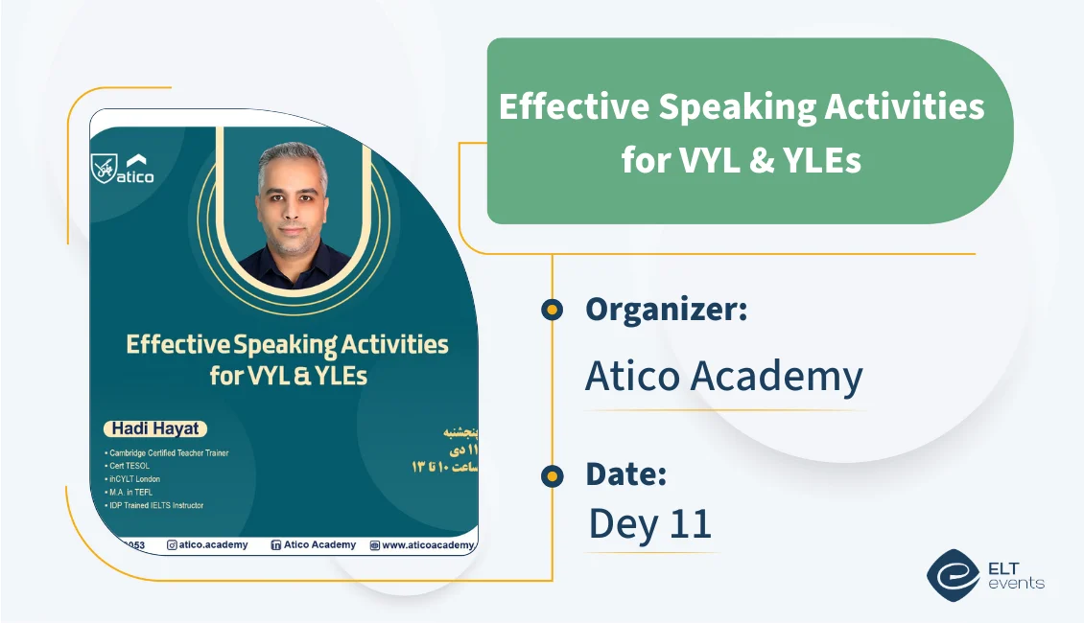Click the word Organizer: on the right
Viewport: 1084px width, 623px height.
click(x=666, y=310)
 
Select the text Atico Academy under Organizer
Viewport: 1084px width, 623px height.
click(x=723, y=377)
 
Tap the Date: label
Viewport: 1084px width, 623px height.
click(x=625, y=474)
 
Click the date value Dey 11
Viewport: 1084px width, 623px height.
click(x=649, y=523)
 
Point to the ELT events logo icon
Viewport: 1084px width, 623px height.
click(x=952, y=574)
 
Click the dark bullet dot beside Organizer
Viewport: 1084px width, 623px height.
click(x=552, y=310)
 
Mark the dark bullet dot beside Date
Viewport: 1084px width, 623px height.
click(x=552, y=475)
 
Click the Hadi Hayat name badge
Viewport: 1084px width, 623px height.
click(x=153, y=429)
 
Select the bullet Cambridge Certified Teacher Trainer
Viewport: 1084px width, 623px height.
click(x=169, y=452)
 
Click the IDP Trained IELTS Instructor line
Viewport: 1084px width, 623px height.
click(x=156, y=505)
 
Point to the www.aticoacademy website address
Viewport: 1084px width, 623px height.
click(x=427, y=545)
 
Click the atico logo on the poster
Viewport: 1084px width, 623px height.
click(x=124, y=170)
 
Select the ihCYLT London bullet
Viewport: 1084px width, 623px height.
click(x=135, y=479)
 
